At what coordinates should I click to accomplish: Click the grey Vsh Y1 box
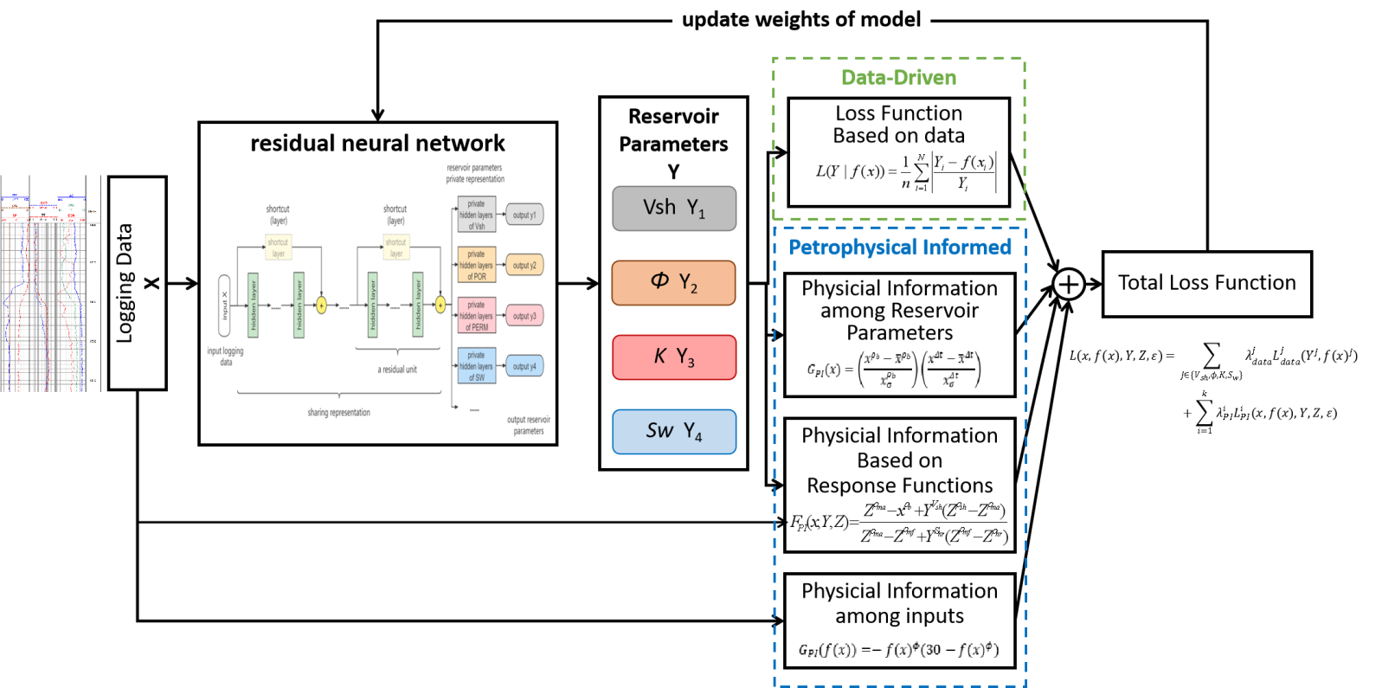[x=673, y=209]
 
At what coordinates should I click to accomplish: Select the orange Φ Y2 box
[x=673, y=283]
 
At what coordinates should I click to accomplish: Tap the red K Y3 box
[x=673, y=357]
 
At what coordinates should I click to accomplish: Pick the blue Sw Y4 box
[x=673, y=432]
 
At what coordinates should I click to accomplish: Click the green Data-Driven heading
[x=898, y=78]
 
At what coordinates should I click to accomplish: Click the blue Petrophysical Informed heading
[x=899, y=248]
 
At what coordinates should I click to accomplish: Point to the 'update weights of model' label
[x=800, y=19]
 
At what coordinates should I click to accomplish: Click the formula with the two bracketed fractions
[x=893, y=369]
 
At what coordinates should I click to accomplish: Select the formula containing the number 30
[x=898, y=648]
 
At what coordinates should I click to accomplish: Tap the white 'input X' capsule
[x=224, y=305]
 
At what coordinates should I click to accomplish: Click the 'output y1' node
[x=524, y=215]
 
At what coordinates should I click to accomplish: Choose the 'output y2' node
[x=524, y=266]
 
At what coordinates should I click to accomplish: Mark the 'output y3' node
[x=524, y=316]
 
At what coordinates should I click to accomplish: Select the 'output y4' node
[x=524, y=366]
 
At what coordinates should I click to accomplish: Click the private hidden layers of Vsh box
[x=477, y=215]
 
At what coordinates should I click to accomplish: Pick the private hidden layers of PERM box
[x=477, y=316]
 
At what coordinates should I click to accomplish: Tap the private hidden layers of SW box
[x=477, y=366]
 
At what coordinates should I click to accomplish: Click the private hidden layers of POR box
[x=477, y=266]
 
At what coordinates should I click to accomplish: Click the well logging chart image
[x=50, y=283]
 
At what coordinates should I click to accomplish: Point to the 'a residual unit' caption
[x=397, y=370]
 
